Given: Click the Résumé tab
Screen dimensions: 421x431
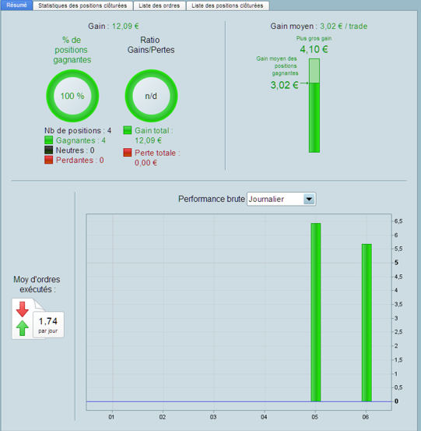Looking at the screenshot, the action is [17, 5].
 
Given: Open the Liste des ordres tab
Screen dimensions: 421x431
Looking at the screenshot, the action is [160, 5].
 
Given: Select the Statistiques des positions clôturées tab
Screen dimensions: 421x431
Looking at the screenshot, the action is [82, 5].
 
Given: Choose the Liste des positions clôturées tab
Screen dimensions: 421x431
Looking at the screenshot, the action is [227, 5].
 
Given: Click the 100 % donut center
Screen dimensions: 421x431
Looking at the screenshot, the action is [72, 96].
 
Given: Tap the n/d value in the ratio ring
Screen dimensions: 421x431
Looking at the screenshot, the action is [151, 96].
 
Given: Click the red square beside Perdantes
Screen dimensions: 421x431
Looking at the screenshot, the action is [48, 160].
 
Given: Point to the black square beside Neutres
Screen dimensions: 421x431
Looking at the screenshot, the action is [48, 150].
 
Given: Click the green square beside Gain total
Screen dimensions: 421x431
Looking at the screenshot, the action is [128, 130].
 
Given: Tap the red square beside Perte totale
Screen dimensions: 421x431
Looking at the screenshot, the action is [128, 152].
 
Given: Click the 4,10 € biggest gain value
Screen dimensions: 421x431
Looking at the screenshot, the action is [314, 49].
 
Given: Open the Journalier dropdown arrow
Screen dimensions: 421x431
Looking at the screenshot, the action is [309, 199].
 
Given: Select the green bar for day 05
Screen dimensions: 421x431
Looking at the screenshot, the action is [316, 313].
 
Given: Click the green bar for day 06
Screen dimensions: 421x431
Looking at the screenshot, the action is [367, 323].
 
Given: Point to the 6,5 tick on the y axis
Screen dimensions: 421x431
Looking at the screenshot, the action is [398, 221].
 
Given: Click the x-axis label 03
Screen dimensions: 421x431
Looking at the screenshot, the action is [213, 417].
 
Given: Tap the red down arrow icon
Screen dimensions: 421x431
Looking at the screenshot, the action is [23, 309].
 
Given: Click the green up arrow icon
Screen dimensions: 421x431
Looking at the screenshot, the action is [23, 328].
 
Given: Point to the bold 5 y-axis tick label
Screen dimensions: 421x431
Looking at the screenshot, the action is [396, 263].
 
